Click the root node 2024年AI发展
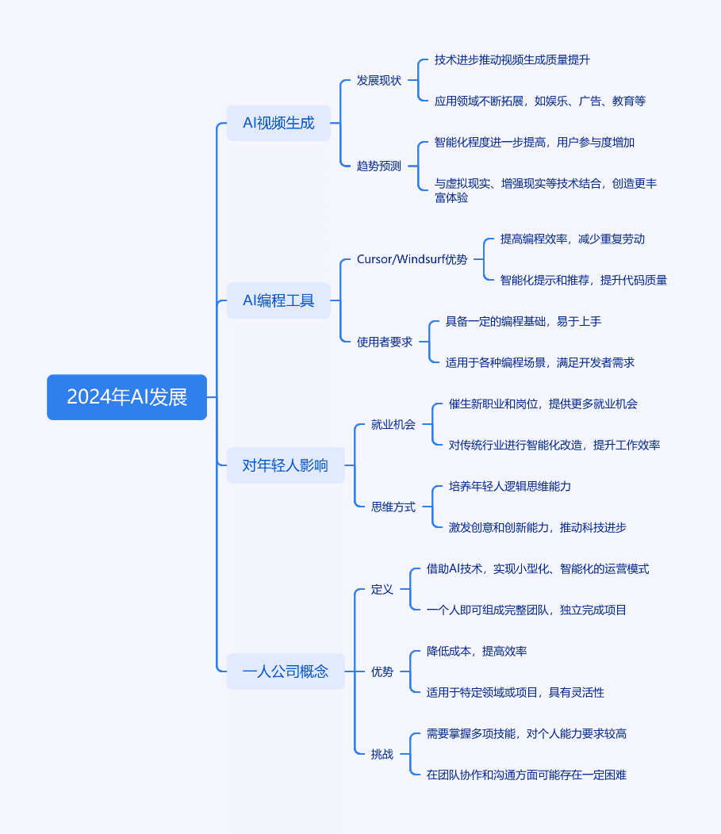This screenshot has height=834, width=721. [x=127, y=397]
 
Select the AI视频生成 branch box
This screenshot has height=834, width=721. [x=278, y=123]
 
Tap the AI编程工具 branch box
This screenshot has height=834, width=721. [x=278, y=300]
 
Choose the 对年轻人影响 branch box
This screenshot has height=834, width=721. [x=286, y=465]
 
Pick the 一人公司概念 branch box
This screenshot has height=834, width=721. [x=286, y=671]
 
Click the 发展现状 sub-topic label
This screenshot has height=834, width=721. [x=379, y=80]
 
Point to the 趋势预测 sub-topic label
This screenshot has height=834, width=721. [x=379, y=166]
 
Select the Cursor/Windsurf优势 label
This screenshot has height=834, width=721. [x=412, y=259]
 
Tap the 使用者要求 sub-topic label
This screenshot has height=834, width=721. [x=385, y=342]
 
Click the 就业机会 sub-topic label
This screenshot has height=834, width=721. [x=393, y=424]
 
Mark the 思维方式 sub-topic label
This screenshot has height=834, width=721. [x=393, y=507]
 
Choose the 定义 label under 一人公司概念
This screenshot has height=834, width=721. [x=382, y=589]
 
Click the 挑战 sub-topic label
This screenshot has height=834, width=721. [x=382, y=754]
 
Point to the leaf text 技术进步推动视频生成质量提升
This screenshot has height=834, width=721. [x=512, y=59]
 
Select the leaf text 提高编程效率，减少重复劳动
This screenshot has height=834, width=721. [x=573, y=239]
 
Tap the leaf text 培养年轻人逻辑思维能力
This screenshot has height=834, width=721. [x=510, y=486]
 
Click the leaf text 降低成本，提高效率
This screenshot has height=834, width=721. [x=477, y=651]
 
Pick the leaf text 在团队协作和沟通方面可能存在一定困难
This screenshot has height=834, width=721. [x=526, y=775]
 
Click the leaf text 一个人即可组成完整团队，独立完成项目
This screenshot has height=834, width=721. [x=526, y=610]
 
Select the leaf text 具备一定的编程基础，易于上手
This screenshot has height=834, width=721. [x=523, y=321]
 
